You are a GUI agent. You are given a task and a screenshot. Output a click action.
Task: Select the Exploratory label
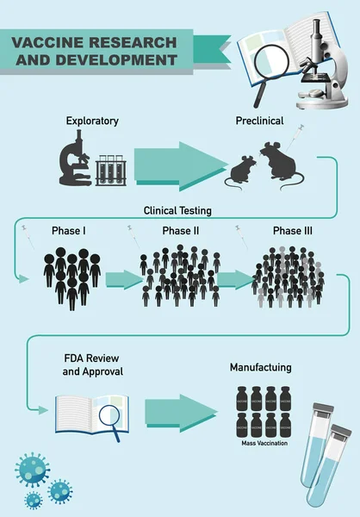[x=92, y=121]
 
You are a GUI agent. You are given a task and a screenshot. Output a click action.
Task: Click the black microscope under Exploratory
[x=76, y=161]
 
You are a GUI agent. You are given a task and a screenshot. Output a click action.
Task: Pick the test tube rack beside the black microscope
[x=111, y=169]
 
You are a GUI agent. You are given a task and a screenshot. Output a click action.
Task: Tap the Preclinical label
[x=261, y=121]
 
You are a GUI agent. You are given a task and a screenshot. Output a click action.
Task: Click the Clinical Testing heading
[x=177, y=209]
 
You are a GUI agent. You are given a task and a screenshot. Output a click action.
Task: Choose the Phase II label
[x=181, y=231]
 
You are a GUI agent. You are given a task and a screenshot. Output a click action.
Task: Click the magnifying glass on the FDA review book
[x=110, y=416]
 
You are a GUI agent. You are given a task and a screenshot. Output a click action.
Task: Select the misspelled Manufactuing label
[x=260, y=367]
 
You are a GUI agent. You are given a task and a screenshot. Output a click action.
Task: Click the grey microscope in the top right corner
[x=320, y=60]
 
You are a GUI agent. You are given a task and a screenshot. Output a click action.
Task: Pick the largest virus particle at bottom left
[x=32, y=470]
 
